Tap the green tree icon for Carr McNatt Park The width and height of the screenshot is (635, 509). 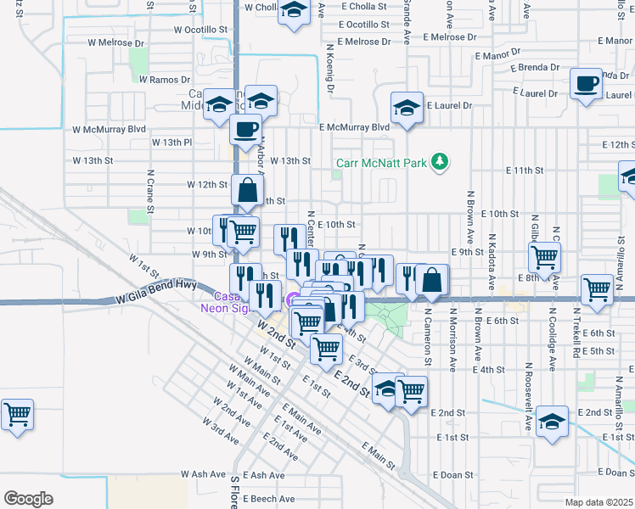tap(439, 160)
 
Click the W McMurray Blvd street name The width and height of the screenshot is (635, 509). tap(110, 130)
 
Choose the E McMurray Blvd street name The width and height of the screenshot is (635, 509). tap(354, 127)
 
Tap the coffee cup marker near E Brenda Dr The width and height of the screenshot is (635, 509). tap(586, 84)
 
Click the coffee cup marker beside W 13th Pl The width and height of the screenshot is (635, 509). tap(246, 130)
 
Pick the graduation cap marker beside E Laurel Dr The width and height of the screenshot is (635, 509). tap(407, 108)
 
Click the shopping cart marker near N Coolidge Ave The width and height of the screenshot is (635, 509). tap(544, 255)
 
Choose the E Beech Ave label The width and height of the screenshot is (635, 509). tap(269, 499)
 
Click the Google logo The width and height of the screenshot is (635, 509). tap(28, 499)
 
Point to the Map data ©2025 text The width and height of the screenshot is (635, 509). tap(598, 502)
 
